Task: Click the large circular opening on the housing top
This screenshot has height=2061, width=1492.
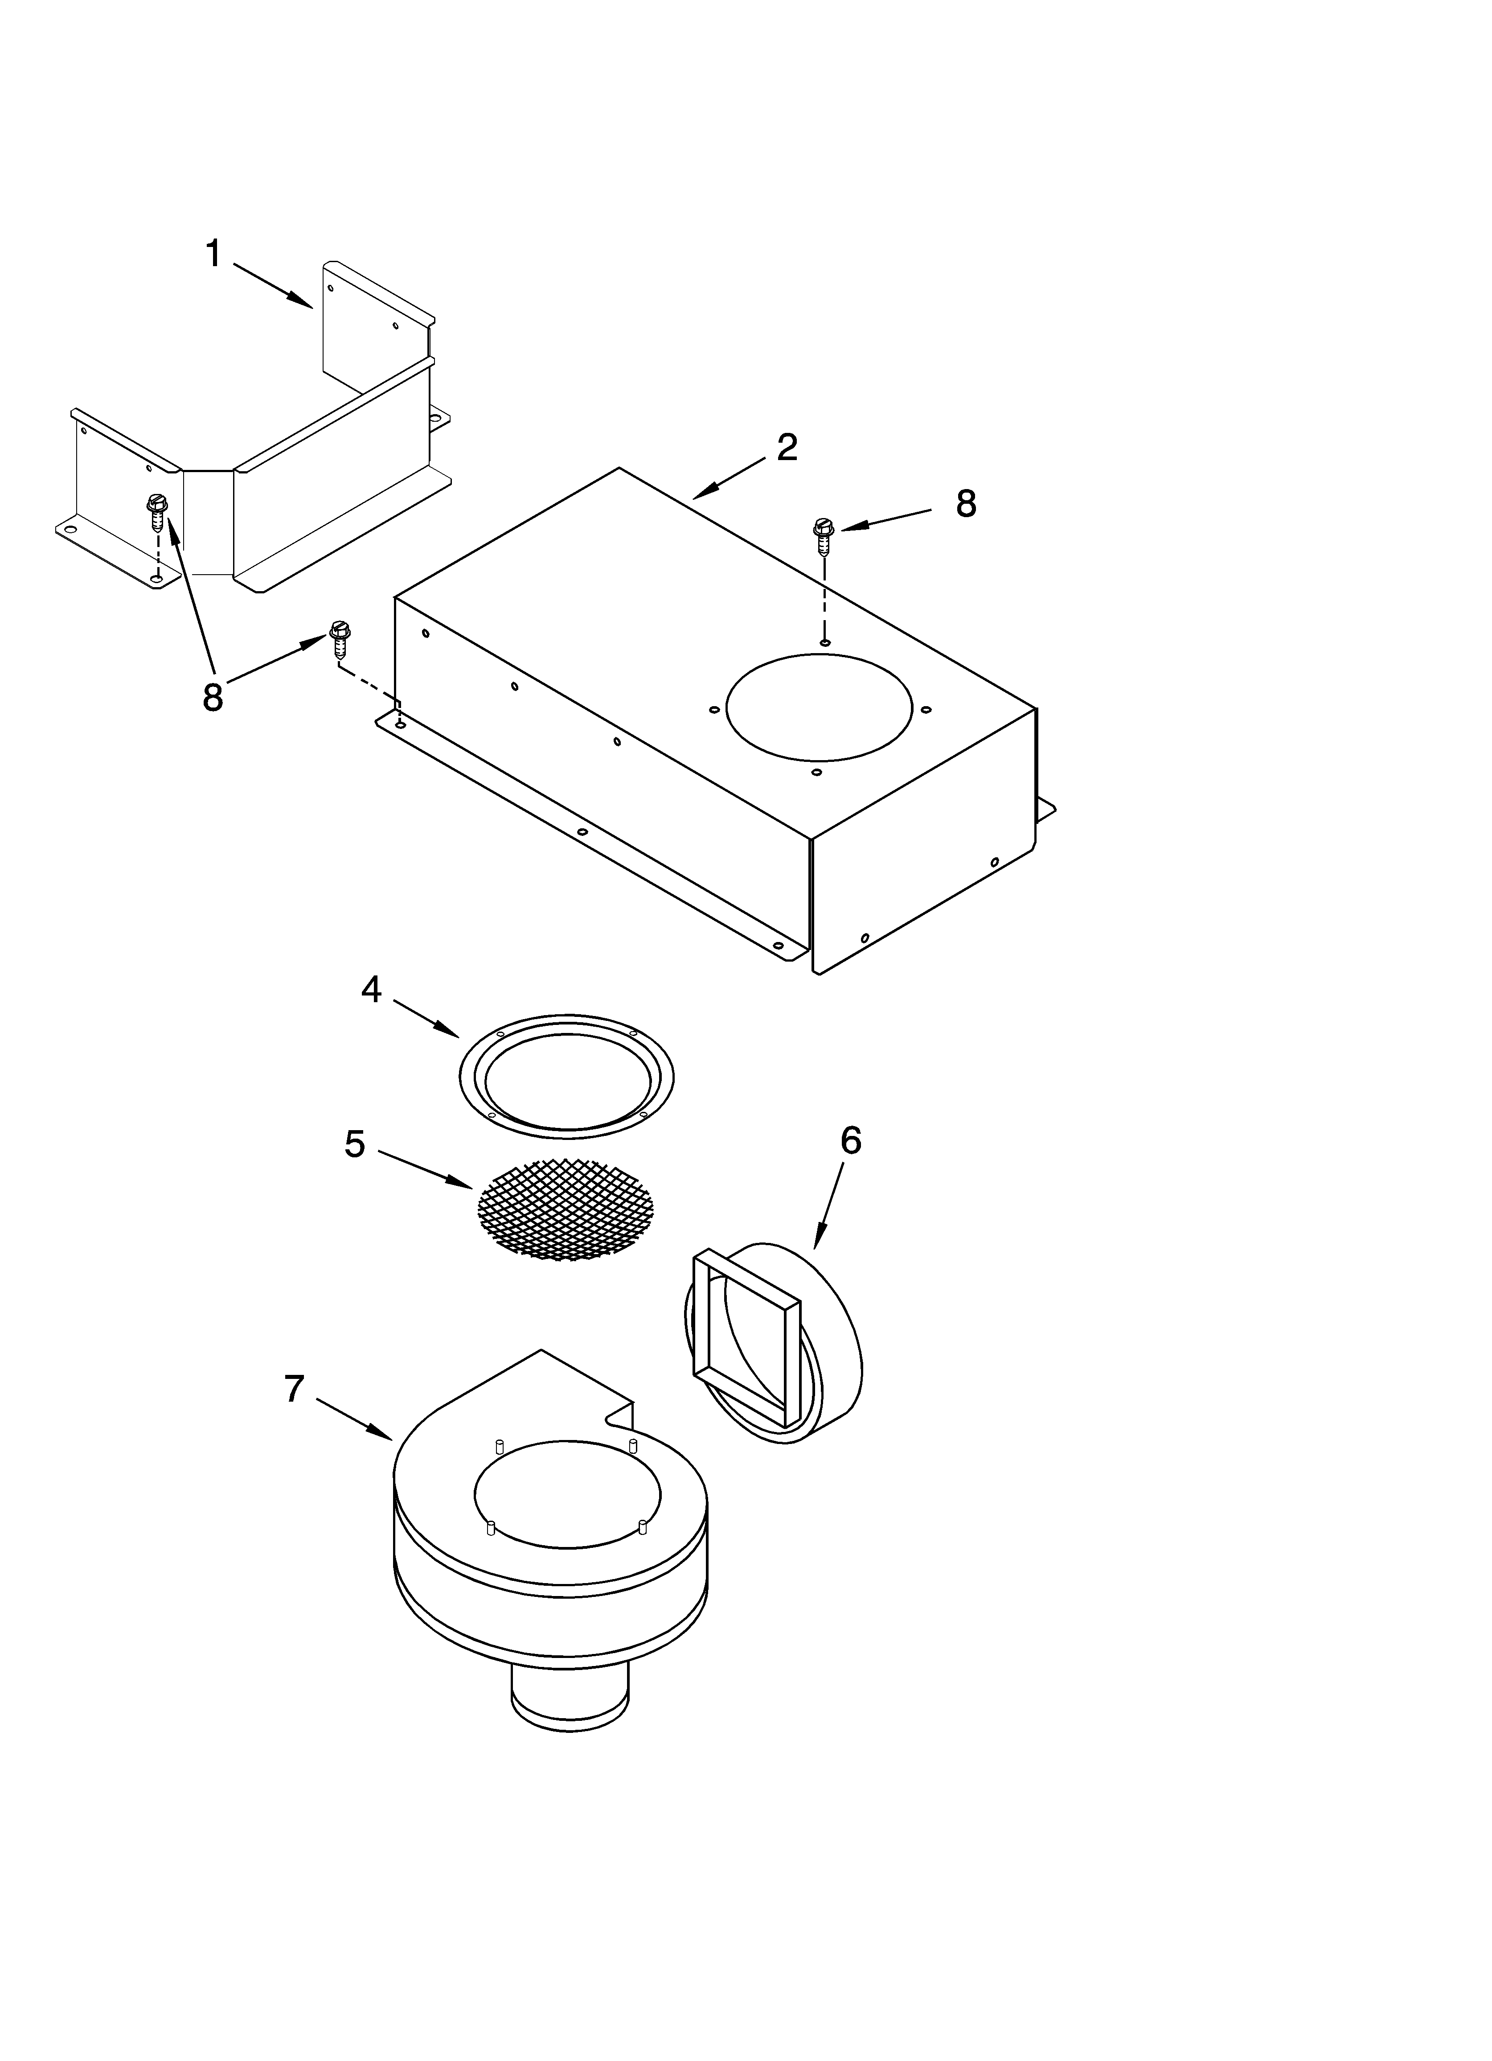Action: pyautogui.click(x=819, y=707)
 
